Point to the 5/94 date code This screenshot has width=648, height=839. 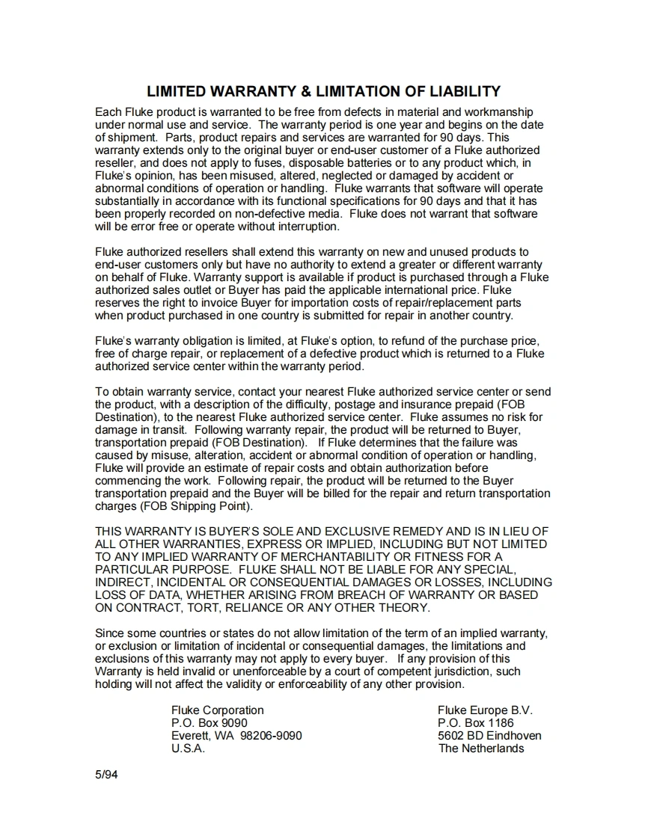106,774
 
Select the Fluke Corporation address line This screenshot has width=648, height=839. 217,710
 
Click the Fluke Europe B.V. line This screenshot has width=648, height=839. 485,710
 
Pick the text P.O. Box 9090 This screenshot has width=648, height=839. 209,723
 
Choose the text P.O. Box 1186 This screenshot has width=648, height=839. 475,723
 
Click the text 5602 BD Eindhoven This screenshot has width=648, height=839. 489,736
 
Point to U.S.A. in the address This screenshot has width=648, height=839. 188,749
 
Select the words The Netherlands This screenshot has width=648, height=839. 481,749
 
